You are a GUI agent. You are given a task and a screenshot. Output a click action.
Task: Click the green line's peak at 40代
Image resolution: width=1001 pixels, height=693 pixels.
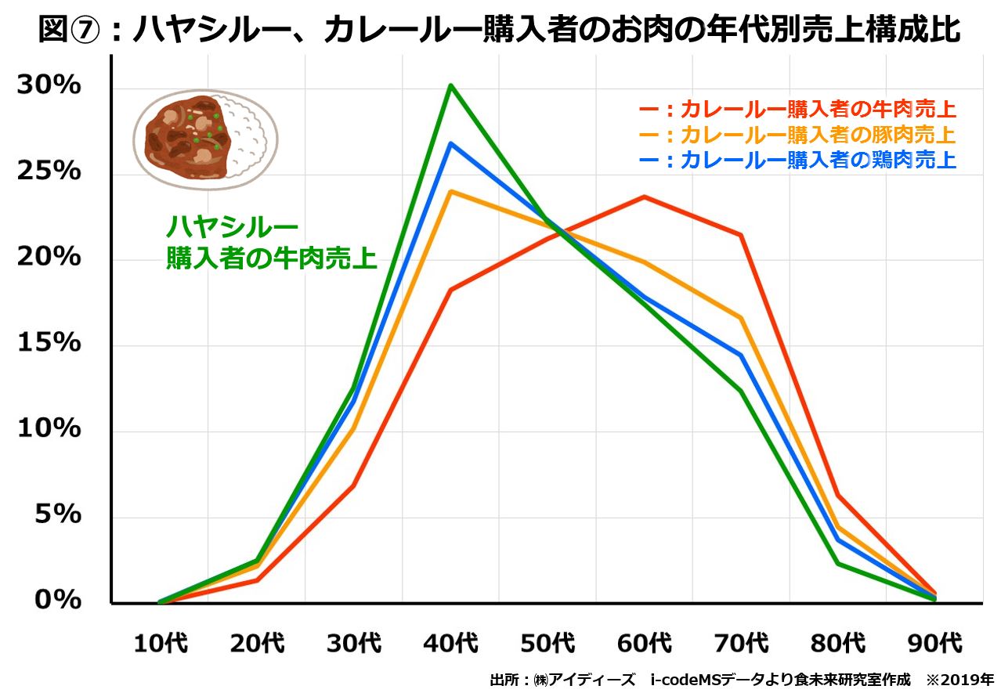click(450, 85)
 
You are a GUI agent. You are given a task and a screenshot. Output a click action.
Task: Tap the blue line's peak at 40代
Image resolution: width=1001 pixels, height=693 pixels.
click(450, 143)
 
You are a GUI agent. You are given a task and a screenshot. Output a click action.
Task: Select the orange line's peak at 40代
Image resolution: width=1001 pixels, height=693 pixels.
click(450, 191)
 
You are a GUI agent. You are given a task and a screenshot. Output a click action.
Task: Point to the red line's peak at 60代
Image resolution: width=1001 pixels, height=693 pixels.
click(644, 197)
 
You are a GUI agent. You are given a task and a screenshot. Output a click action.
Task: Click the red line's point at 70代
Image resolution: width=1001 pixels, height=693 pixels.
click(740, 235)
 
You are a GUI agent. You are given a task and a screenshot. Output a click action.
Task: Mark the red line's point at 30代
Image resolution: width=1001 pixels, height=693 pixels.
click(354, 485)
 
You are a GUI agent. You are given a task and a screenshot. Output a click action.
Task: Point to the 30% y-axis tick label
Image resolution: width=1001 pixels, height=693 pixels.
click(49, 85)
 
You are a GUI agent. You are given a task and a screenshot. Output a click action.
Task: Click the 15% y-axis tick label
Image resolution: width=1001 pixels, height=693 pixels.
click(49, 343)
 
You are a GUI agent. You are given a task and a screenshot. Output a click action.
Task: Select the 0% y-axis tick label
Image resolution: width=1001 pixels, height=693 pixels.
click(58, 601)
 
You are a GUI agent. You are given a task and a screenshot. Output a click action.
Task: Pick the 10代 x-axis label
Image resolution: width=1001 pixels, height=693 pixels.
click(161, 644)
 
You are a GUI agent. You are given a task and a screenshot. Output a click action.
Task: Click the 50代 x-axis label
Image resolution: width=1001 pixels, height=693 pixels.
click(547, 644)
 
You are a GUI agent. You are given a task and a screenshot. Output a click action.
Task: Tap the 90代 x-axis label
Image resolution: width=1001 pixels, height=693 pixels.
click(934, 644)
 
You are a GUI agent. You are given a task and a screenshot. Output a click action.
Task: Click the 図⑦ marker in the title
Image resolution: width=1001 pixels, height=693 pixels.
click(70, 31)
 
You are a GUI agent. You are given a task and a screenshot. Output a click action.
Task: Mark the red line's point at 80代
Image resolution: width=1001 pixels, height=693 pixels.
click(837, 495)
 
